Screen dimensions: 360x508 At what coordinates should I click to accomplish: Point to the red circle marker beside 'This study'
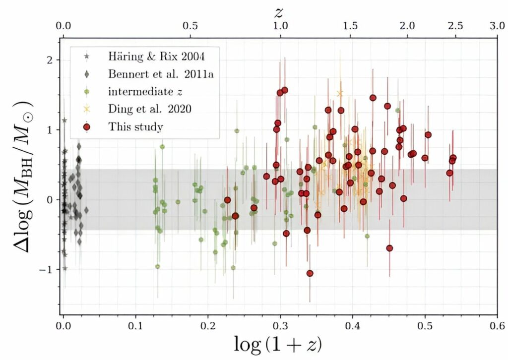[87, 127]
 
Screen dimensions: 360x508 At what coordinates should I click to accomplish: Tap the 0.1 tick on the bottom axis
[135, 327]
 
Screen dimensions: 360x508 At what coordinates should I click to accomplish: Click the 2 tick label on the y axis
[50, 60]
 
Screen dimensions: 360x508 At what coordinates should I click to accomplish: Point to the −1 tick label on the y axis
[47, 269]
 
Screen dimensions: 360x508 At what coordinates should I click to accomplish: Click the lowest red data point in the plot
[310, 273]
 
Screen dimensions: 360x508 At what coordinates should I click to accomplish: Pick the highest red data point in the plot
[285, 90]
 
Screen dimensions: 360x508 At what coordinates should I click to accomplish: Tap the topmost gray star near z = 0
[64, 120]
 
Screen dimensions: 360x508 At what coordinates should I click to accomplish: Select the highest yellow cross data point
[340, 93]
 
